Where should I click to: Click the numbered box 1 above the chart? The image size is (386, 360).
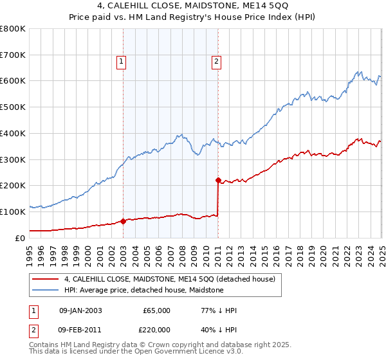pos(122,62)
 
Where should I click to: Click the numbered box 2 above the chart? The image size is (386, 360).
pos(216,62)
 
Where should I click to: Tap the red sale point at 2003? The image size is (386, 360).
pos(123,221)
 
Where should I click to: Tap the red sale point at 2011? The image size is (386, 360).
pos(218,180)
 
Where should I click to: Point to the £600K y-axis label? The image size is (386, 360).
pos(13,81)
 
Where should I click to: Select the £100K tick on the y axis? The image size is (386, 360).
pos(13,212)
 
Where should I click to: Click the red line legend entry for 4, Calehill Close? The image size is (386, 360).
pos(170,279)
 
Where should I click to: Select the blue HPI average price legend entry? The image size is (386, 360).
pos(143,290)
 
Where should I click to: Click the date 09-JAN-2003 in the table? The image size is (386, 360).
pos(80,310)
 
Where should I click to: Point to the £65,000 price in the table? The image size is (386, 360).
pos(156,310)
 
